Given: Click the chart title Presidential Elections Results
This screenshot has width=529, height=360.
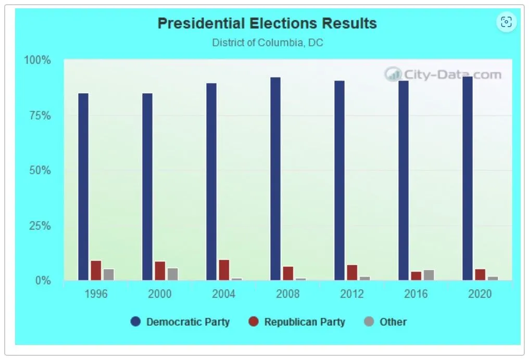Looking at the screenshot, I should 267,23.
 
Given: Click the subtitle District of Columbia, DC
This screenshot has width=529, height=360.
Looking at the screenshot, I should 267,43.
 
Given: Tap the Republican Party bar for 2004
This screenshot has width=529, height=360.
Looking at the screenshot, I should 224,270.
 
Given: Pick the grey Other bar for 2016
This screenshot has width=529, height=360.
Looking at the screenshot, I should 429,275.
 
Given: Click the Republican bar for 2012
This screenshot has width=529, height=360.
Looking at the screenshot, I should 352,273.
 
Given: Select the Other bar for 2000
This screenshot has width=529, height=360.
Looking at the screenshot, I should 172,274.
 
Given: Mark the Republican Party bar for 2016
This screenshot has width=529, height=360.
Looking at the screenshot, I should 416,276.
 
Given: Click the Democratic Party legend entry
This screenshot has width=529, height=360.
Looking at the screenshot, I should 180,322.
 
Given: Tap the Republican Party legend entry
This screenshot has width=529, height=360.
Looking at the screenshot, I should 297,322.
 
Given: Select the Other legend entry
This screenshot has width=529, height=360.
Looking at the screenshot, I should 386,322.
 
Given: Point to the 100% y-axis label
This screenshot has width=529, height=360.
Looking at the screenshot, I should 38,60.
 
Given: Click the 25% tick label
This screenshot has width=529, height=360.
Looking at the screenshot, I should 40,226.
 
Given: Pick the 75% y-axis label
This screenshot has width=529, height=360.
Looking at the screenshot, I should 40,115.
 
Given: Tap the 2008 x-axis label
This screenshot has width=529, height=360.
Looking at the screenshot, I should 288,294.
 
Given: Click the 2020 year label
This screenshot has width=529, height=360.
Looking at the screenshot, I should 480,294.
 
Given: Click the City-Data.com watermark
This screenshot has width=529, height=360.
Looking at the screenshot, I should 443,75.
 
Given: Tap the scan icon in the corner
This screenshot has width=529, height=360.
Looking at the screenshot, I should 506,22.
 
